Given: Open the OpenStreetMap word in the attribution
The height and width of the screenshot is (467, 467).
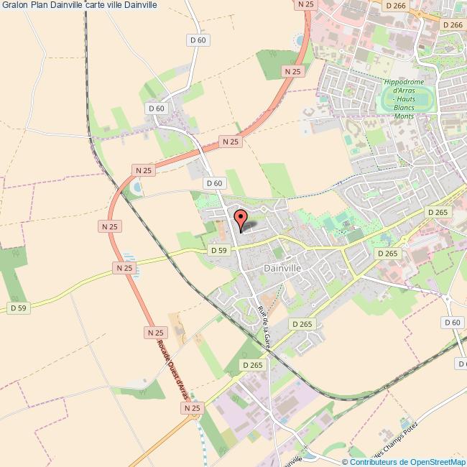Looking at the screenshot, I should [x=438, y=461].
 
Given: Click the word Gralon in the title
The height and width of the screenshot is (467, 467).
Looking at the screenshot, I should [x=14, y=5].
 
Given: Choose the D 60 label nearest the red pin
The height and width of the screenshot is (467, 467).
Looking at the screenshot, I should [x=213, y=183].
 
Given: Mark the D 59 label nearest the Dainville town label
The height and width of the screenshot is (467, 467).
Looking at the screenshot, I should [x=218, y=250].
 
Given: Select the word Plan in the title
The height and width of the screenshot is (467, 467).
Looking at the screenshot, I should [x=39, y=5].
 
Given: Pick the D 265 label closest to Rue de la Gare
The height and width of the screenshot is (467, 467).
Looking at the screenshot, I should [x=303, y=324].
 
